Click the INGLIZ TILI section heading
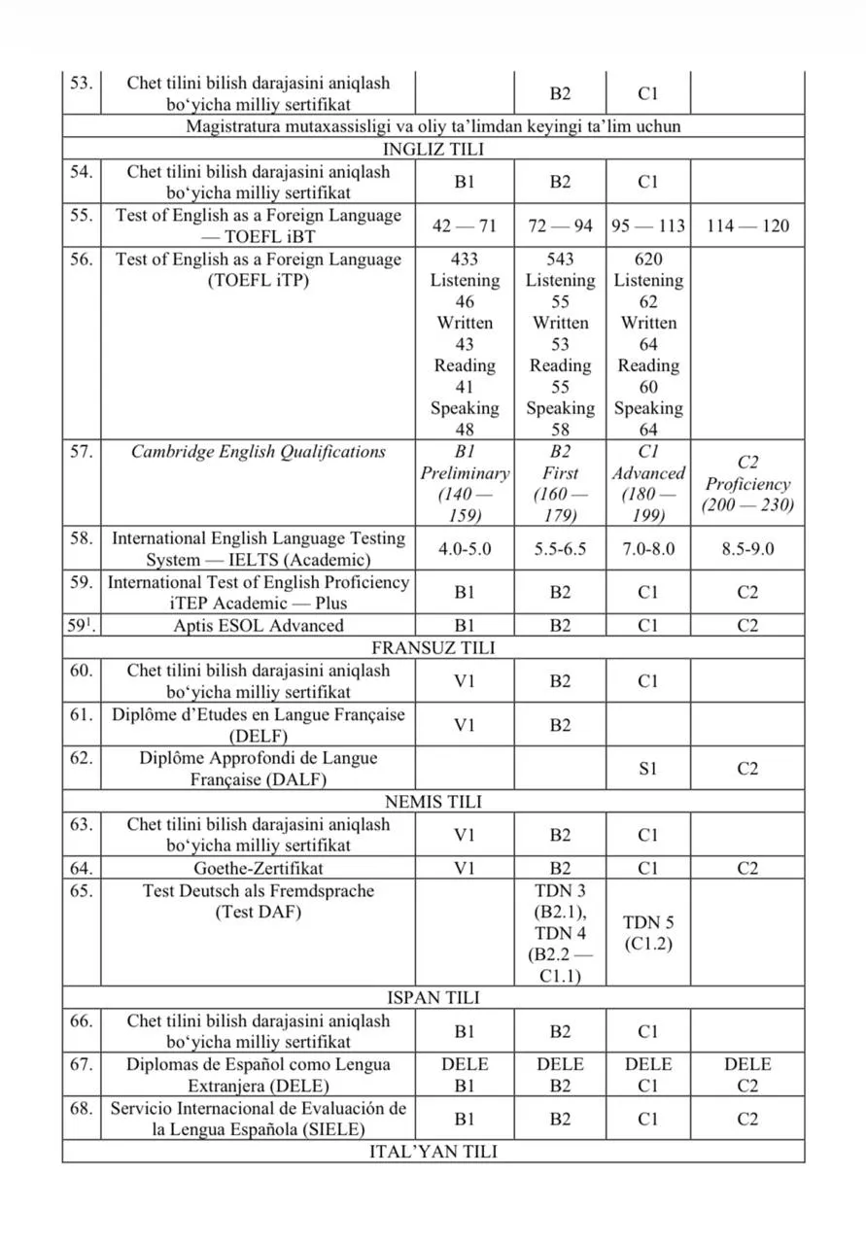pyautogui.click(x=433, y=149)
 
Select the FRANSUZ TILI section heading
pyautogui.click(x=433, y=647)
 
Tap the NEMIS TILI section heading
pyautogui.click(x=433, y=802)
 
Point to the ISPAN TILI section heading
pyautogui.click(x=433, y=998)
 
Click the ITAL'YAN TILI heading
pyautogui.click(x=433, y=1152)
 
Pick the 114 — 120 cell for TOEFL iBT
pyautogui.click(x=747, y=225)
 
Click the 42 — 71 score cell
pyautogui.click(x=465, y=225)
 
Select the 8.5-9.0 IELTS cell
pyautogui.click(x=747, y=549)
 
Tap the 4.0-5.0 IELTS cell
pyautogui.click(x=465, y=549)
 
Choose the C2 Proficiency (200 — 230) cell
pyautogui.click(x=747, y=484)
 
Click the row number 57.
pyautogui.click(x=81, y=452)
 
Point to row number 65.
pyautogui.click(x=81, y=890)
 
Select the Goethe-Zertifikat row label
pyautogui.click(x=258, y=868)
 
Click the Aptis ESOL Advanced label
pyautogui.click(x=258, y=626)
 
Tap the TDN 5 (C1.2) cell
pyautogui.click(x=648, y=932)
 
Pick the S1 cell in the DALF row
pyautogui.click(x=648, y=768)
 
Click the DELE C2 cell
pyautogui.click(x=747, y=1075)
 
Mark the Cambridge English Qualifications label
pyautogui.click(x=258, y=452)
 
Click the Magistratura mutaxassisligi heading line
pyautogui.click(x=433, y=126)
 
